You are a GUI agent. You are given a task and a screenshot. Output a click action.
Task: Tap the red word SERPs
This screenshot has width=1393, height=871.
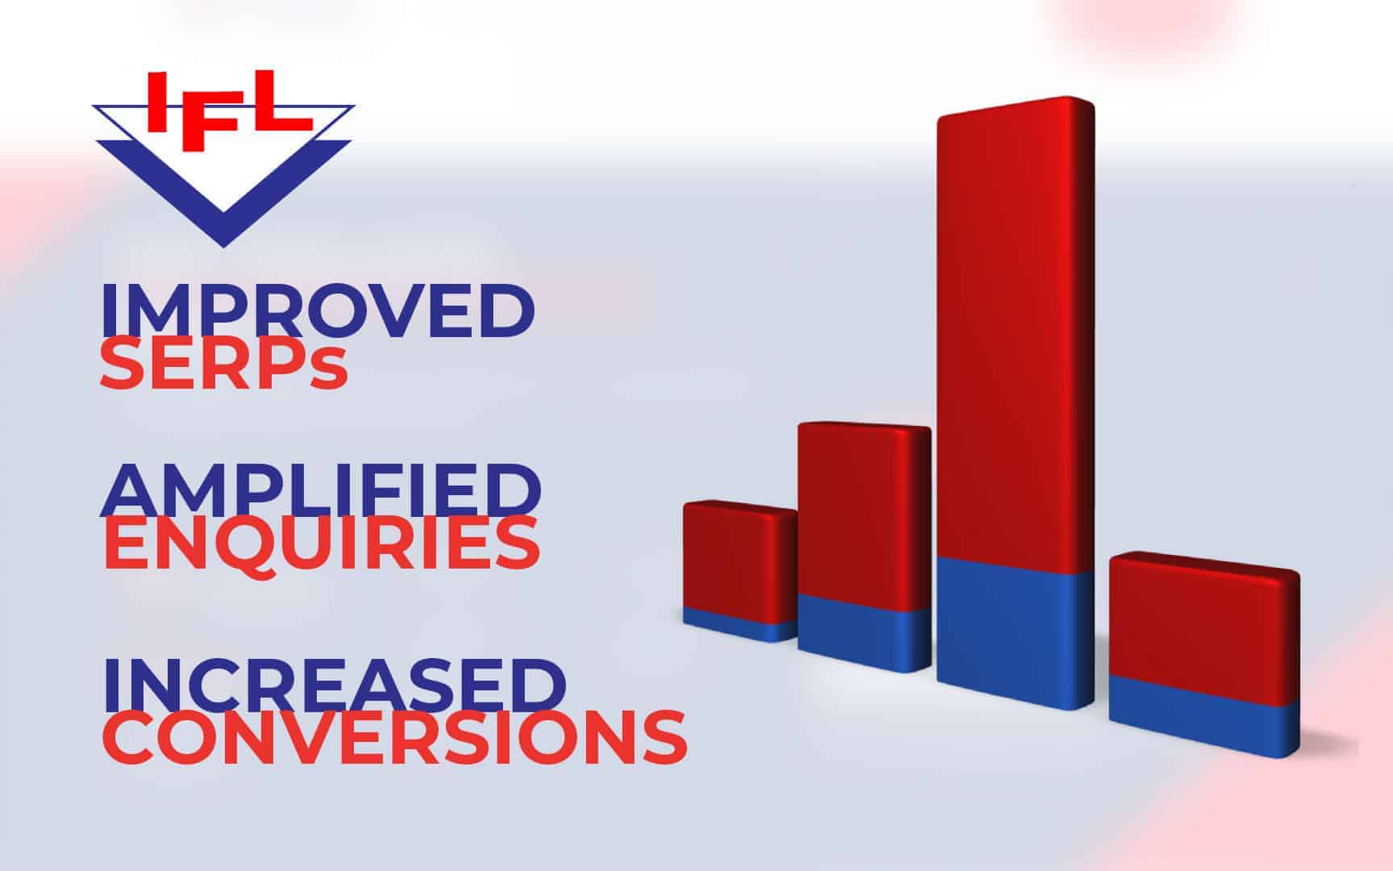[x=224, y=367]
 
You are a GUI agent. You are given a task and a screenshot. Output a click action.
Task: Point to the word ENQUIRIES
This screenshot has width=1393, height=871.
[x=321, y=545]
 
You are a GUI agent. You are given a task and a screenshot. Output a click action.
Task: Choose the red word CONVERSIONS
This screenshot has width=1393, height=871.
[x=394, y=737]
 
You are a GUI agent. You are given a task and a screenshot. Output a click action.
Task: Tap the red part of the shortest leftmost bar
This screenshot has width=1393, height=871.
[x=738, y=556]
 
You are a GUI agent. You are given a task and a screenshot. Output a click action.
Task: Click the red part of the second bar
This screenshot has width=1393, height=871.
[x=863, y=516]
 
